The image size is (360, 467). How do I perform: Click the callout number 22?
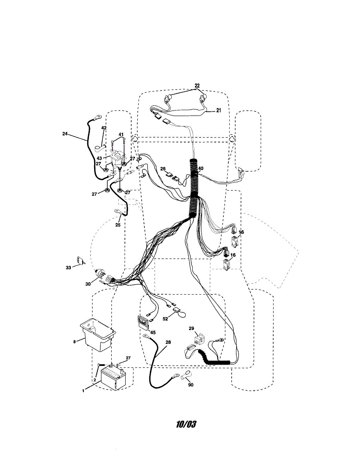(197, 85)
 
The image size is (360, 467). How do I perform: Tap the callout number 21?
(218, 111)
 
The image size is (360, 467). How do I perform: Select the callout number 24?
(65, 133)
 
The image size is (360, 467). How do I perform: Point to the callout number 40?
(201, 169)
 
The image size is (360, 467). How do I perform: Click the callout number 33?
(68, 267)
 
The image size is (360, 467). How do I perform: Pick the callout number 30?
(88, 284)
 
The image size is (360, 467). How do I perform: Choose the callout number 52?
(165, 319)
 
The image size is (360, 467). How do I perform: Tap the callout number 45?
(153, 332)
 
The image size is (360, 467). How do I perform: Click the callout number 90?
(190, 385)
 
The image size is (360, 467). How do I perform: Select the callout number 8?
(74, 342)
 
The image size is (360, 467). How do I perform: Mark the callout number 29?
(191, 329)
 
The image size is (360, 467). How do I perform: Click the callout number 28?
(168, 342)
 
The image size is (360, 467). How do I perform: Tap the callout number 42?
(104, 128)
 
